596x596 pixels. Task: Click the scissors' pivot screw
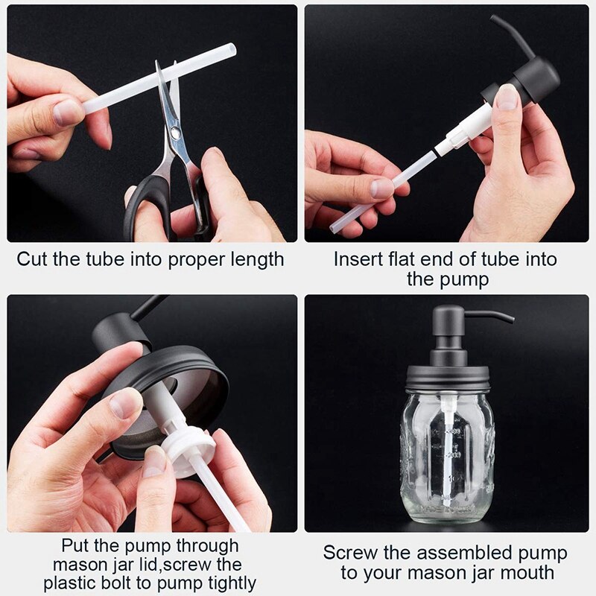[x=174, y=133]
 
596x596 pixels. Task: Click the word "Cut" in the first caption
[x=34, y=259]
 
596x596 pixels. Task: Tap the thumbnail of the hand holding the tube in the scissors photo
[x=69, y=112]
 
